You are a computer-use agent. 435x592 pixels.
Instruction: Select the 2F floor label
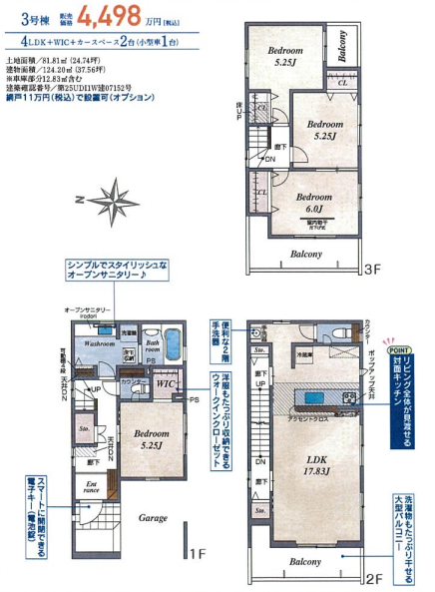(375, 577)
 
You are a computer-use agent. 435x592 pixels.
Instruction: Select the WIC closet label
(166, 382)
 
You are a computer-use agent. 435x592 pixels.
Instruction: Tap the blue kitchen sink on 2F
(315, 398)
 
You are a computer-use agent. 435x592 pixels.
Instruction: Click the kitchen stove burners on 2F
(349, 397)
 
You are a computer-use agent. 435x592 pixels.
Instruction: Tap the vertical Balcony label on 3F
(342, 45)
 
